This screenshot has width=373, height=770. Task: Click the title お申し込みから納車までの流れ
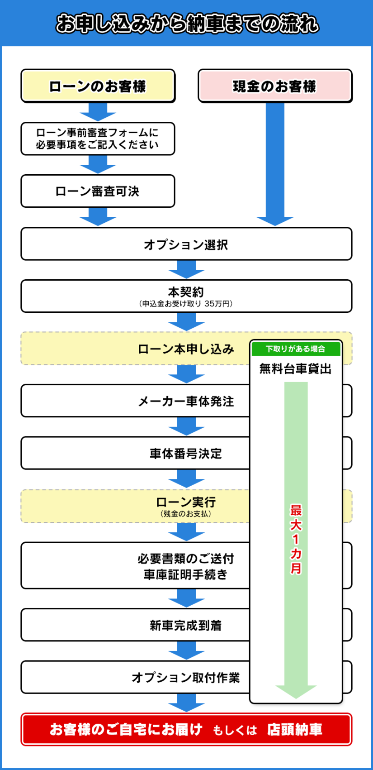pyautogui.click(x=187, y=24)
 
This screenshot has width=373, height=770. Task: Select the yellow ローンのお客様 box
pyautogui.click(x=98, y=86)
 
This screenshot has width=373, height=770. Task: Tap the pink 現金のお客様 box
pyautogui.click(x=275, y=86)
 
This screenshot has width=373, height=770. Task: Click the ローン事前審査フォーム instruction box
pyautogui.click(x=98, y=139)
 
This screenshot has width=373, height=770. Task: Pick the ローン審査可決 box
pyautogui.click(x=98, y=191)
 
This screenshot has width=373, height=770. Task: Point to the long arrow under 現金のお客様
pyautogui.click(x=275, y=164)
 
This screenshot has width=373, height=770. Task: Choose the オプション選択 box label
pyautogui.click(x=186, y=245)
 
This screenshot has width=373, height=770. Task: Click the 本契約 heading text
pyautogui.click(x=186, y=292)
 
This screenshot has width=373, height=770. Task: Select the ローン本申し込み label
pyautogui.click(x=186, y=349)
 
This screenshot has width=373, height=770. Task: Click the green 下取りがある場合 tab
pyautogui.click(x=296, y=349)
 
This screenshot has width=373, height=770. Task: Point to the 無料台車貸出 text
pyautogui.click(x=296, y=369)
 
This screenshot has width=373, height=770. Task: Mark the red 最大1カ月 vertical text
pyautogui.click(x=296, y=539)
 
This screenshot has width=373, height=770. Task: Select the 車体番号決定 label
pyautogui.click(x=186, y=454)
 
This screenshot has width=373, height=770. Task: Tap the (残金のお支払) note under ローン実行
pyautogui.click(x=186, y=514)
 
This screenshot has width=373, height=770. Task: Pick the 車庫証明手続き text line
pyautogui.click(x=186, y=574)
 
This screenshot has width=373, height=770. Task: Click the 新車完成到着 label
pyautogui.click(x=186, y=625)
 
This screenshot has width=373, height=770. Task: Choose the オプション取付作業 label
pyautogui.click(x=186, y=678)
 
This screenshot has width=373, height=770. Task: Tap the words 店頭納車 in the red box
pyautogui.click(x=295, y=729)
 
